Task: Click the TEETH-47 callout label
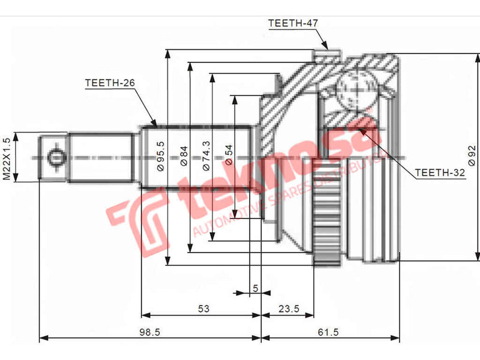pyautogui.click(x=292, y=23)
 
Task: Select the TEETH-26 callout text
pyautogui.click(x=109, y=83)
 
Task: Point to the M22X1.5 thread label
pyautogui.click(x=7, y=158)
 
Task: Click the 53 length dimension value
pyautogui.click(x=203, y=308)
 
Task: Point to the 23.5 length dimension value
pyautogui.click(x=289, y=308)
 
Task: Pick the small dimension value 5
pyautogui.click(x=255, y=288)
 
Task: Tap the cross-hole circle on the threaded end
pyautogui.click(x=55, y=158)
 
